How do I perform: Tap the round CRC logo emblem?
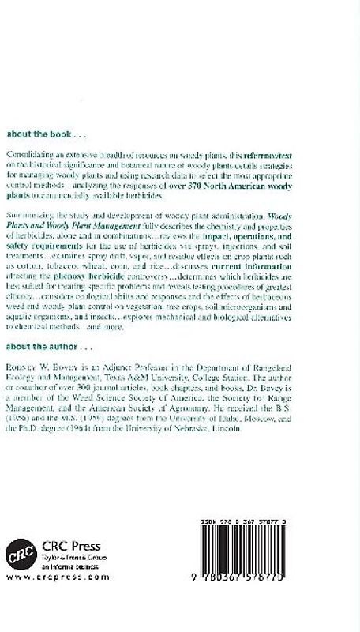click(x=21, y=552)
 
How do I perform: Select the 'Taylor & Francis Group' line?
click(x=67, y=556)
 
